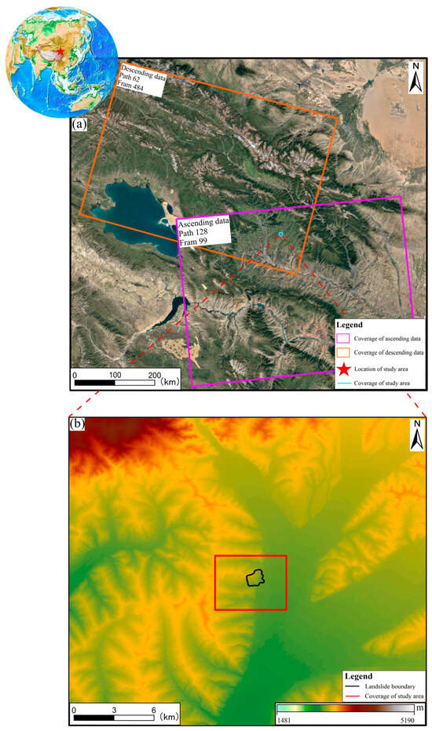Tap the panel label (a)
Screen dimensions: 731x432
pos(79,124)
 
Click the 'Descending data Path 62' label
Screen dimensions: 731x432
pos(141,81)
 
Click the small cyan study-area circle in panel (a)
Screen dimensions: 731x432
pos(280,235)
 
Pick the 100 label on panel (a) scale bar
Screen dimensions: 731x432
pos(116,374)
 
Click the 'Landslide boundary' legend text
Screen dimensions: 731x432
pos(383,686)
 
